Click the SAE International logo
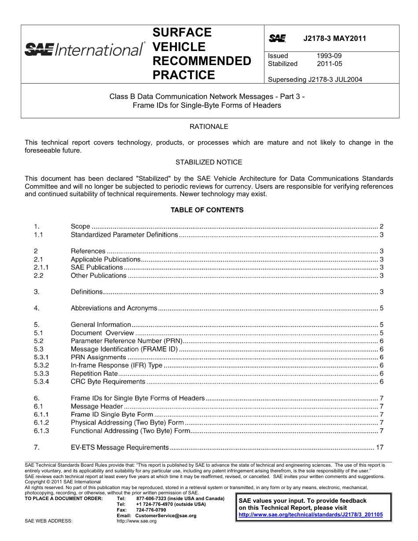(x=84, y=49)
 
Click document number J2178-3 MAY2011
(x=334, y=38)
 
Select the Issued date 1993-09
(x=329, y=56)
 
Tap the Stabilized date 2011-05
(x=329, y=64)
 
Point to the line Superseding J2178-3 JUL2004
(x=315, y=80)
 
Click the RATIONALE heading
(x=209, y=127)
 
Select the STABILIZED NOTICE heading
(x=209, y=162)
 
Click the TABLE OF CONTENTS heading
(x=207, y=210)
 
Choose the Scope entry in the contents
(x=81, y=227)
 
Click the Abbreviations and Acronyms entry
(x=114, y=308)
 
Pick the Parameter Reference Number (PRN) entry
(x=126, y=341)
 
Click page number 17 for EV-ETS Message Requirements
(x=380, y=448)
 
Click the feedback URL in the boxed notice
(x=310, y=514)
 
